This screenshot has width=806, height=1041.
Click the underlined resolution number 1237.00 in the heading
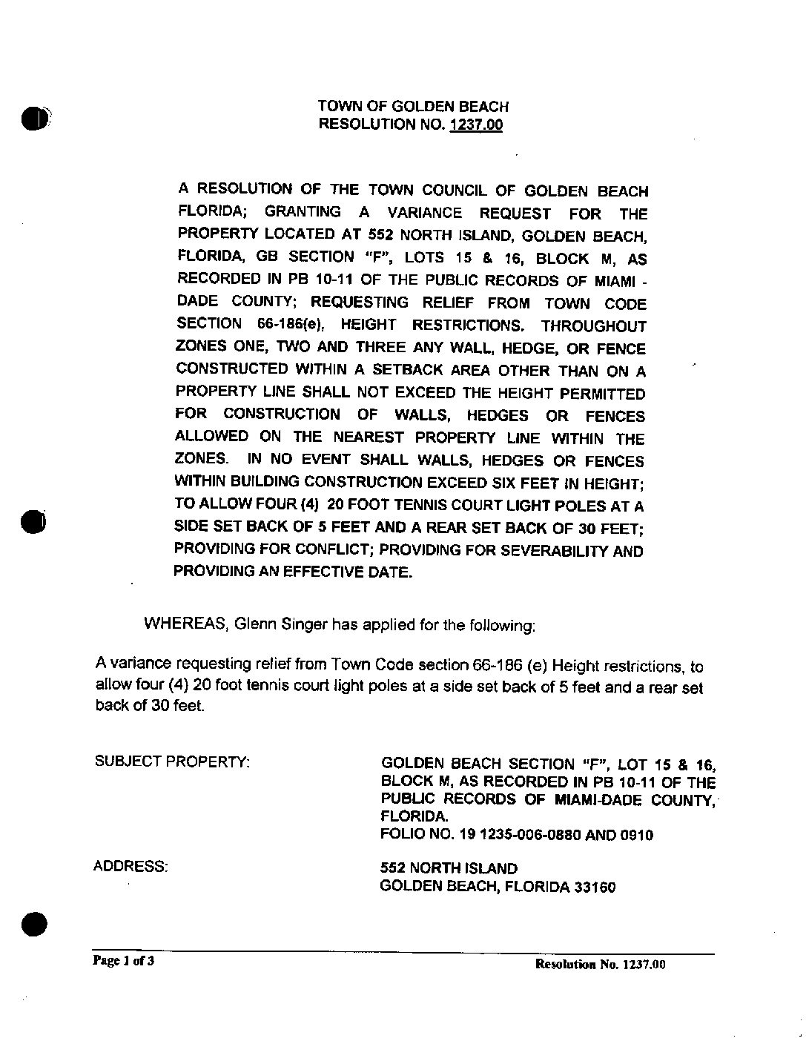click(475, 125)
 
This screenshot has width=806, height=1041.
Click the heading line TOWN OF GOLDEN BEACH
click(413, 108)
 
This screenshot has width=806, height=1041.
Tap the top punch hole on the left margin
click(34, 119)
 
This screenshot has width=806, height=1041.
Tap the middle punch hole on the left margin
click(33, 521)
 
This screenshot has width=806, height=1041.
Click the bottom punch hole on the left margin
click(34, 923)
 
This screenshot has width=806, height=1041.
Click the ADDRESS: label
click(131, 866)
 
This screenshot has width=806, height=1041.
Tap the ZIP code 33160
click(595, 887)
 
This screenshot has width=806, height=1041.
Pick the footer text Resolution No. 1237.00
click(600, 965)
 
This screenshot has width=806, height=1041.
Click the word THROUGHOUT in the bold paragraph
click(593, 326)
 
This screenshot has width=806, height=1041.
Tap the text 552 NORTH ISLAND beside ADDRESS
click(449, 867)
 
